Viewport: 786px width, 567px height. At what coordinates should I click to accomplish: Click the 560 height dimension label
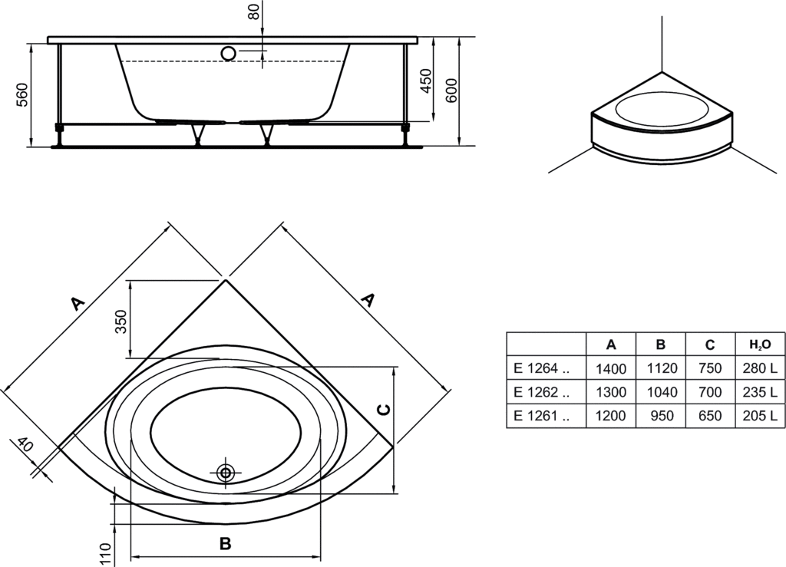tap(23, 94)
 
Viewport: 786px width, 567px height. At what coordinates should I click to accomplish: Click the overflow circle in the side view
tap(228, 53)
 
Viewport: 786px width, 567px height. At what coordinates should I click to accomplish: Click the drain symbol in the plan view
tap(226, 472)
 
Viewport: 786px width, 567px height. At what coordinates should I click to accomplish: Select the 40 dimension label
tap(25, 445)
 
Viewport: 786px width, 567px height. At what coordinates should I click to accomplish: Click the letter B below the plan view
tap(225, 543)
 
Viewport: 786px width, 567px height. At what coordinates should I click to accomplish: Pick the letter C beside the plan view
tap(386, 408)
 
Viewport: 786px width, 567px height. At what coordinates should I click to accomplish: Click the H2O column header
tap(759, 344)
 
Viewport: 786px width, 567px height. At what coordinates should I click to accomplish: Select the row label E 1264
tap(542, 368)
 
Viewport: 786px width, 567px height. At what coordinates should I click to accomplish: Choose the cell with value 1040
tap(662, 392)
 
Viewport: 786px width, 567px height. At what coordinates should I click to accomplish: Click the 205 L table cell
tap(760, 417)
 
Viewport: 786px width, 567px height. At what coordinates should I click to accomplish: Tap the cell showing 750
tap(710, 368)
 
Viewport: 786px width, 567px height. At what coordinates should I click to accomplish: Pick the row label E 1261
tap(542, 417)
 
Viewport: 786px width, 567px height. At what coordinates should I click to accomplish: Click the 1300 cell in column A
tap(611, 392)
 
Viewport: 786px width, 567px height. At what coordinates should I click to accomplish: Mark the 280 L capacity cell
tap(760, 368)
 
